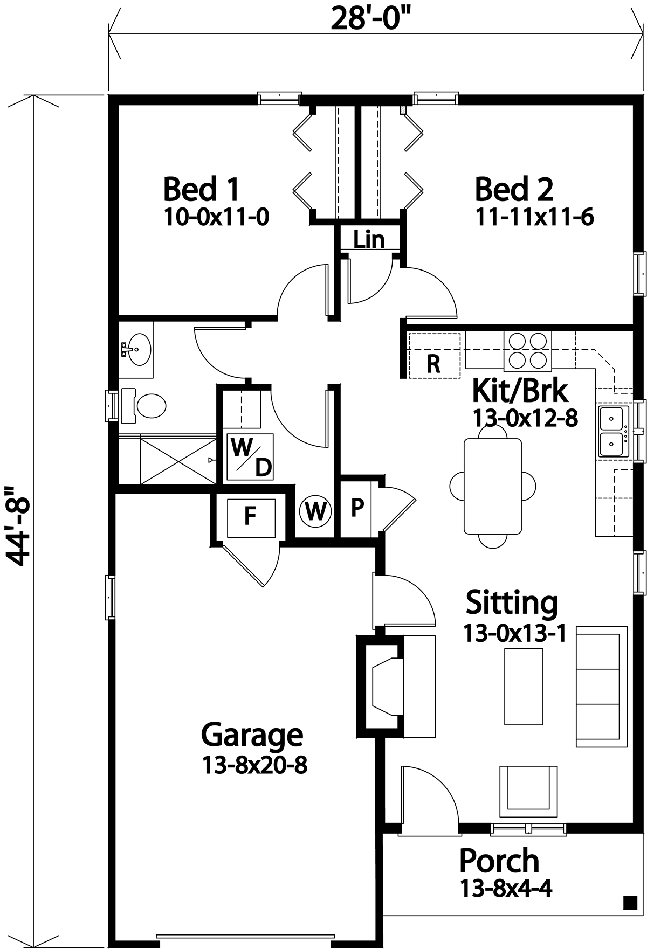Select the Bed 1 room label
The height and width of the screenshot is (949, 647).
click(x=201, y=189)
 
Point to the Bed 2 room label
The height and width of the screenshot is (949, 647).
click(x=514, y=189)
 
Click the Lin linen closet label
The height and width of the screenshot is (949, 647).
click(x=369, y=239)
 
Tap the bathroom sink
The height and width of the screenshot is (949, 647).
click(x=136, y=349)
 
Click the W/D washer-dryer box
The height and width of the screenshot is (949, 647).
click(x=250, y=456)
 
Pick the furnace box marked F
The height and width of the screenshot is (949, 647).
click(x=251, y=517)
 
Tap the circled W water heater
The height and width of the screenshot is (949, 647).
click(x=315, y=510)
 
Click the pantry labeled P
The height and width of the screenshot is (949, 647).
click(x=357, y=508)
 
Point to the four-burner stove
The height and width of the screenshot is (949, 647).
click(x=528, y=351)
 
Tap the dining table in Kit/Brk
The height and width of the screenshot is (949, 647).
click(x=493, y=486)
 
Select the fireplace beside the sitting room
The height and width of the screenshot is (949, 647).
click(x=380, y=687)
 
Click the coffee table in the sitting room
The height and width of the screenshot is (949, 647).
click(x=524, y=687)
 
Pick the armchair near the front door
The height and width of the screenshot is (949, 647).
click(x=528, y=792)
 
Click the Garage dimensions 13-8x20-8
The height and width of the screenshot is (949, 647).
click(x=254, y=765)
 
